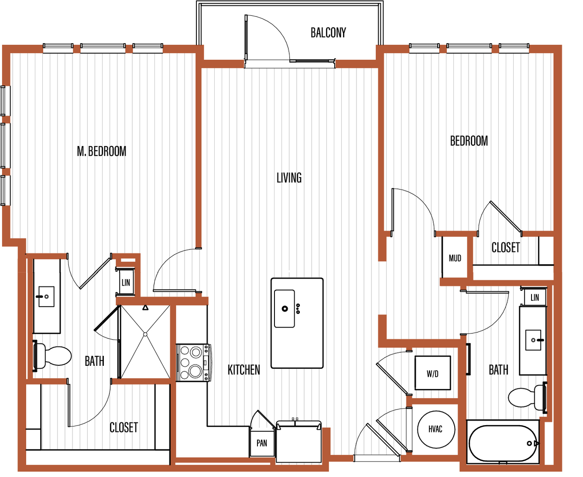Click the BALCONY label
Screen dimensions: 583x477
pyautogui.click(x=328, y=33)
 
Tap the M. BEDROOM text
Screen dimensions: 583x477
pyautogui.click(x=101, y=151)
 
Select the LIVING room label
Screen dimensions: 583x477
pyautogui.click(x=289, y=177)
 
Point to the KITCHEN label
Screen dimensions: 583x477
pyautogui.click(x=244, y=370)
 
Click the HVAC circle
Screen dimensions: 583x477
pyautogui.click(x=436, y=429)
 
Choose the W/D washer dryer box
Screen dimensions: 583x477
pyautogui.click(x=433, y=373)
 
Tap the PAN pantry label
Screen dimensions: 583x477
pyautogui.click(x=262, y=443)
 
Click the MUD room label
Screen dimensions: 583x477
pyautogui.click(x=455, y=258)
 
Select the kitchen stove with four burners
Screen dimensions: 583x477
pyautogui.click(x=193, y=363)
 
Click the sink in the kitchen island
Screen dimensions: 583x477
pyautogui.click(x=285, y=309)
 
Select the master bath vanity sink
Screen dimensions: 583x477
pyautogui.click(x=46, y=296)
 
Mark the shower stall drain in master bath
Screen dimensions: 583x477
pyautogui.click(x=145, y=334)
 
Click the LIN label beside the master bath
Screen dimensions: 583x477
pyautogui.click(x=126, y=283)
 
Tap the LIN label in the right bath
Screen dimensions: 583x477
pyautogui.click(x=535, y=297)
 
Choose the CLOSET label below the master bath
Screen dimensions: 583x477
pyautogui.click(x=123, y=428)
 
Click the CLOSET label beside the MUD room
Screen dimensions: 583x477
pyautogui.click(x=505, y=248)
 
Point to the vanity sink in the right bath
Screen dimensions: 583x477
pyautogui.click(x=533, y=340)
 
